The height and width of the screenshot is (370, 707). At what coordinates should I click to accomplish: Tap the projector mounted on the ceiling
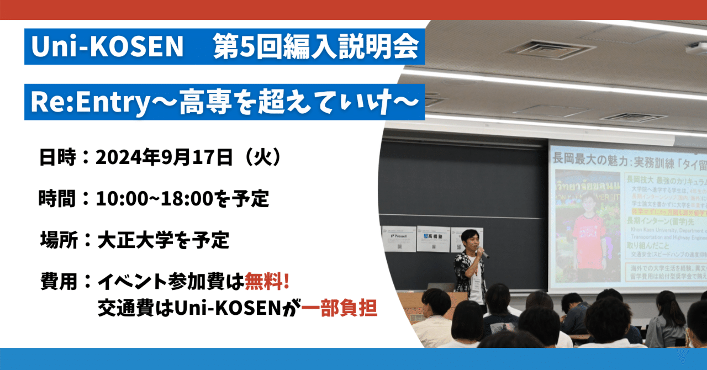click(697, 49)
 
